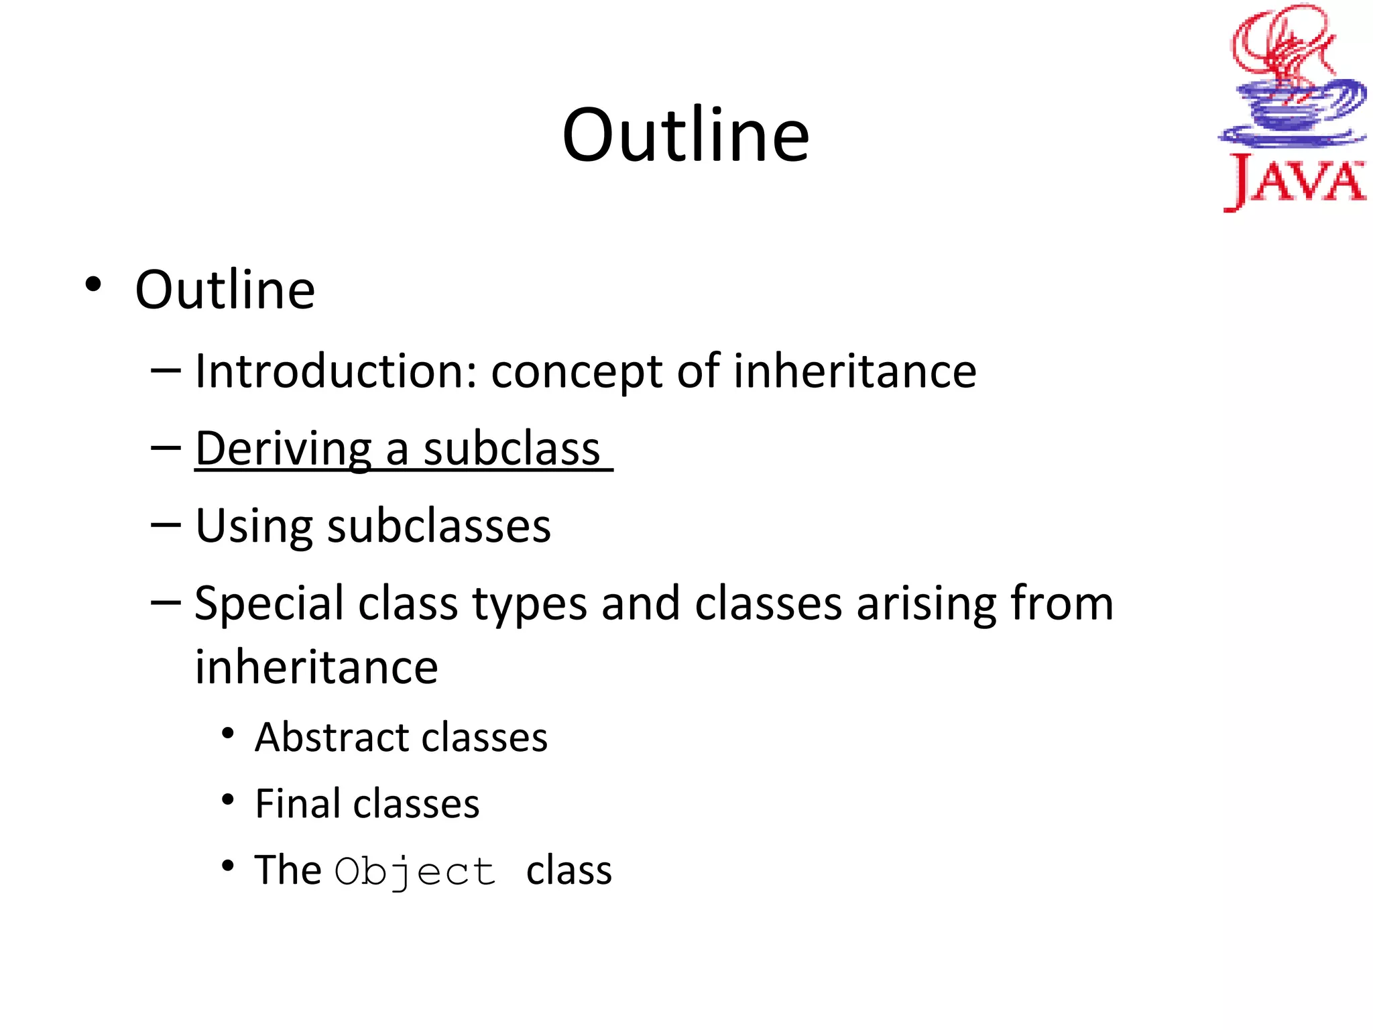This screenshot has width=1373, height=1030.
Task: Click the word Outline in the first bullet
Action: click(x=225, y=290)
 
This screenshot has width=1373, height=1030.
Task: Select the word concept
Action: click(x=577, y=373)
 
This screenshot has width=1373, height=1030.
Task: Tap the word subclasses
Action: click(x=439, y=526)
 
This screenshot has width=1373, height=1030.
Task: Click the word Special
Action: click(x=269, y=604)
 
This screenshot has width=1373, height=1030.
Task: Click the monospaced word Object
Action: click(x=415, y=872)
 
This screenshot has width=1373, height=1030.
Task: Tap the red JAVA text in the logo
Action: click(x=1295, y=182)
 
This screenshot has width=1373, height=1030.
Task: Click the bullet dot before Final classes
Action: click(x=228, y=800)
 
